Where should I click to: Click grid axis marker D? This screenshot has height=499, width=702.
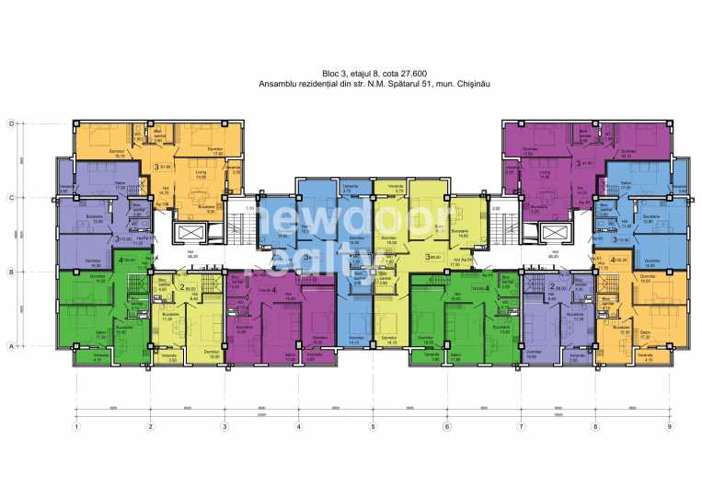[11, 122]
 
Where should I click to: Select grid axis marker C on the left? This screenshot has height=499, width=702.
[11, 198]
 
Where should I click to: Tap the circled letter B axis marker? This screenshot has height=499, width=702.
[11, 273]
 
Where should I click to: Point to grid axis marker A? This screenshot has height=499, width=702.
[11, 346]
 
